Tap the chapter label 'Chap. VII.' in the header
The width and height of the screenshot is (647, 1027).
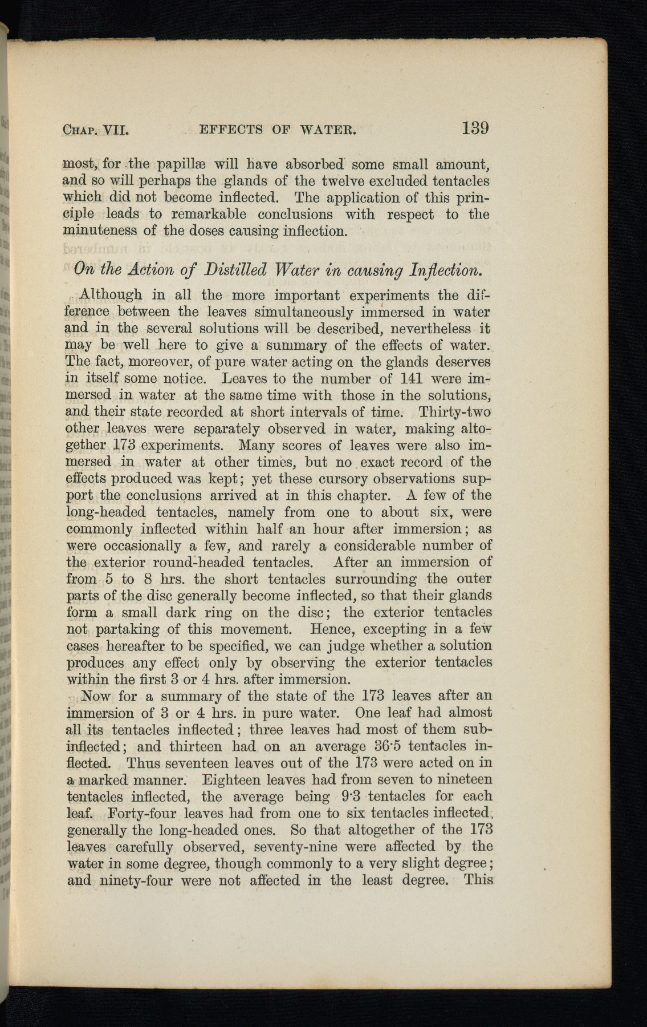point(96,130)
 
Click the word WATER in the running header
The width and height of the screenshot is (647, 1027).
point(329,130)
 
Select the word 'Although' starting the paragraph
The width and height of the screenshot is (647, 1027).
point(111,296)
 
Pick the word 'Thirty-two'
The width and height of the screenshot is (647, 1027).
point(454,411)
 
